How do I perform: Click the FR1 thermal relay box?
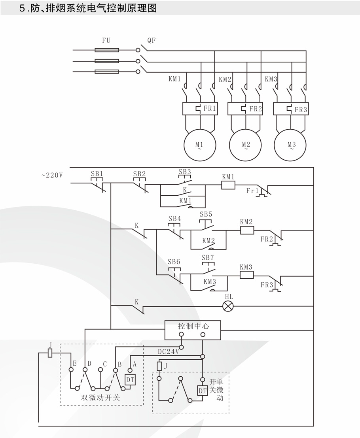coord(200,109)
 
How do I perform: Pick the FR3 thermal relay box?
coord(291,109)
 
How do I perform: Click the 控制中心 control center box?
coord(193,330)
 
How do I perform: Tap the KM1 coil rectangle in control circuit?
coord(228,185)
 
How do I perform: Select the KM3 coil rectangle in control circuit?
coord(246,275)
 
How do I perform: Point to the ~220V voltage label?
coord(52,175)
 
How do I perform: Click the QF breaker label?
coord(152,40)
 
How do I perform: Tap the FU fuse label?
coord(106,40)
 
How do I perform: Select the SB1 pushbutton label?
coord(97,174)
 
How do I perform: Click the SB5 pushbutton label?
coord(206,214)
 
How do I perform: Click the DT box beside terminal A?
coord(131,379)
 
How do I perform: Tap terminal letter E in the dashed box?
coord(74,363)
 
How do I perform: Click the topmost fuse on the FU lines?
coord(107,50)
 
